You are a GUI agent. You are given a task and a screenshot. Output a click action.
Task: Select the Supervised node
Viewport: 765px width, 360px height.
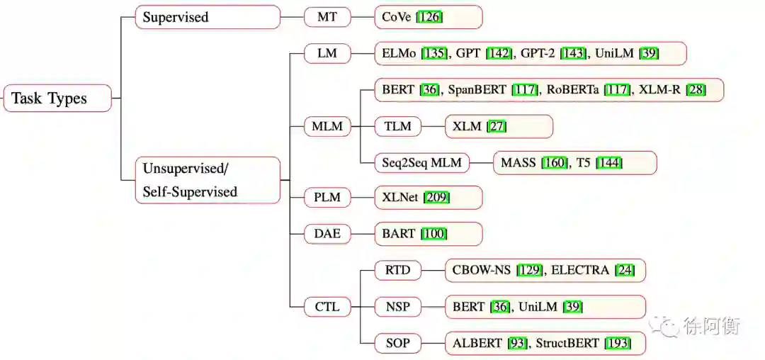tap(208, 17)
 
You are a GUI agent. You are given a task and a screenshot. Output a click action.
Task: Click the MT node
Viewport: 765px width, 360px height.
tap(327, 17)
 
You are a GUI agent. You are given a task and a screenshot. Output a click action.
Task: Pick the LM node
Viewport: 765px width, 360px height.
tap(327, 53)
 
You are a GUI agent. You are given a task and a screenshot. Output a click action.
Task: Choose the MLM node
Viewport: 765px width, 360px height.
tap(327, 127)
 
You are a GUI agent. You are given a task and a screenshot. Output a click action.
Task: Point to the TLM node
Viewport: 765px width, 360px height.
tap(397, 127)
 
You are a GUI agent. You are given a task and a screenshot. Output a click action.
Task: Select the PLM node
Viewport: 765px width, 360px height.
tap(327, 198)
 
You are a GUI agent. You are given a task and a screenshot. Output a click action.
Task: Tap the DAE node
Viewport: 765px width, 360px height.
tap(327, 234)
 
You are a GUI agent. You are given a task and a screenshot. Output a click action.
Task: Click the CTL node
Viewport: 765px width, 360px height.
tap(327, 307)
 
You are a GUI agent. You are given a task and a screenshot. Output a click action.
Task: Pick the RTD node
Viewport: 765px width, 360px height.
tap(397, 270)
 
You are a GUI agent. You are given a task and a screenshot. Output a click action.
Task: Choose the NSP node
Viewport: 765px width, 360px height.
tap(397, 307)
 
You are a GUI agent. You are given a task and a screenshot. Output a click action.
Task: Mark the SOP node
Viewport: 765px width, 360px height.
tap(397, 344)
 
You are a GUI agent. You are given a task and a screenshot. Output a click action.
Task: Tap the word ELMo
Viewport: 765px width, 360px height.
tap(399, 53)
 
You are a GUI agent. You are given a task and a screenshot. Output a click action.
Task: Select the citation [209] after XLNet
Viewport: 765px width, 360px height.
tap(436, 198)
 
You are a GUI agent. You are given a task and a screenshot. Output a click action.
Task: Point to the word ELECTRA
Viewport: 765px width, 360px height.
tap(580, 270)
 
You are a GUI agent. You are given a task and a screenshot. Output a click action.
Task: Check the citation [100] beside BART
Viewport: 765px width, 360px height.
tap(434, 234)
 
